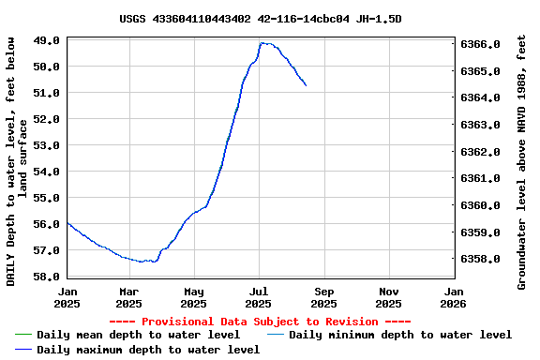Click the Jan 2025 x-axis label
pos(67,297)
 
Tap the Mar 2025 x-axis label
pos(128,297)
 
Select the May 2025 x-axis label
pos(193,297)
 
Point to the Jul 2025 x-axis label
pos(258,297)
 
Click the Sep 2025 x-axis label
pos(323,297)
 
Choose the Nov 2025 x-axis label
pos(388,297)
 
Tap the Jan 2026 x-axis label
pos(453,297)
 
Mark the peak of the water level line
pos(264,43)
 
